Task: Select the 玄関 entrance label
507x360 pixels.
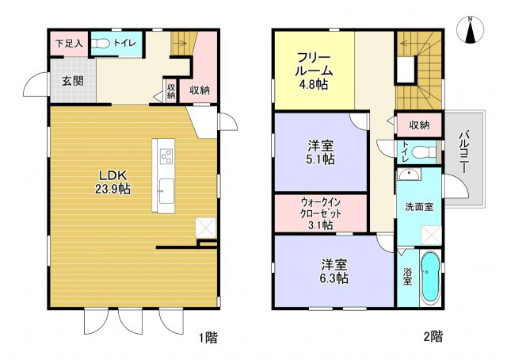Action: click(x=62, y=81)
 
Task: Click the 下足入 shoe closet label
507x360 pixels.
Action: click(x=67, y=44)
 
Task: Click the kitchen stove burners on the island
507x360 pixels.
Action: click(x=166, y=156)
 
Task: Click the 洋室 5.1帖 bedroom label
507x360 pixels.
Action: click(x=320, y=152)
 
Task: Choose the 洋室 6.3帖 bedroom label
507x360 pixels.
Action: click(x=332, y=272)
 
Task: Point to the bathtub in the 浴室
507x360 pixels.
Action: click(x=429, y=277)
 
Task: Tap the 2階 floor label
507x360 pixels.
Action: click(x=433, y=337)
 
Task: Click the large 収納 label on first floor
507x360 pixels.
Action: click(x=199, y=90)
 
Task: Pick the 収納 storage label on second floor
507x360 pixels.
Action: click(x=419, y=124)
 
